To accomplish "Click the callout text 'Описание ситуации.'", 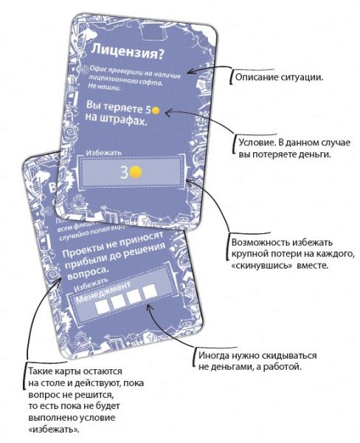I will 271,76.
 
